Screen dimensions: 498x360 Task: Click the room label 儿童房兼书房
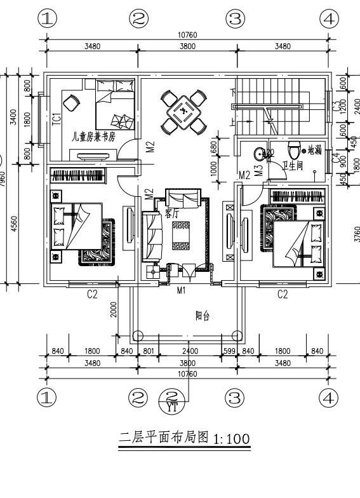(93, 136)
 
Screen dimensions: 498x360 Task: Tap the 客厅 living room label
(171, 213)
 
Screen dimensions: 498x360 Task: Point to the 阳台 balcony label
(201, 316)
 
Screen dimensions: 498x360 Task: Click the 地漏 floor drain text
(314, 151)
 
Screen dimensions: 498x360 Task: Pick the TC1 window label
(56, 118)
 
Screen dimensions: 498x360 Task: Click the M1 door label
(181, 291)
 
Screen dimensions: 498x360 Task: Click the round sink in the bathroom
(261, 154)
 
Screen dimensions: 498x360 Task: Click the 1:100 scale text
(232, 439)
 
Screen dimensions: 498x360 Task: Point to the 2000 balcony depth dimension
(114, 311)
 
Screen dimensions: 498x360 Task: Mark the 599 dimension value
(229, 351)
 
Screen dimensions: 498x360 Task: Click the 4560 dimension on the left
(14, 224)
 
